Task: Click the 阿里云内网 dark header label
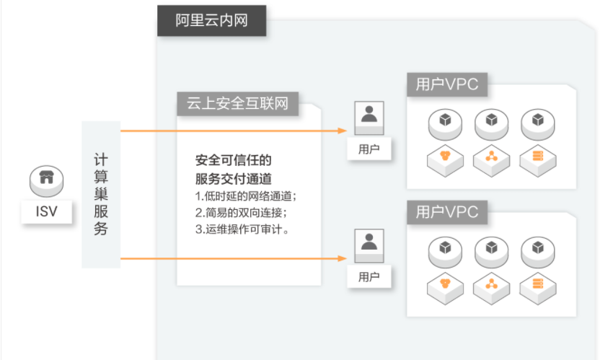click(211, 21)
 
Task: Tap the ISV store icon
click(47, 180)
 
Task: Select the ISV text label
click(47, 211)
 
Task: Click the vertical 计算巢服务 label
click(101, 194)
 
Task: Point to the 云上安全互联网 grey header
click(238, 104)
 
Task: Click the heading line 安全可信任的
click(234, 160)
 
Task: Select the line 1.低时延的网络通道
click(246, 196)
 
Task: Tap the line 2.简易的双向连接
click(241, 213)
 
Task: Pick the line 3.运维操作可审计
click(242, 229)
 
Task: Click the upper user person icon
click(369, 118)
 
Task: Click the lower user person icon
click(369, 246)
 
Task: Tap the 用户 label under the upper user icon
click(369, 149)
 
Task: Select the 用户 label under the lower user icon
click(369, 277)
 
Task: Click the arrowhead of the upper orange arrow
click(343, 131)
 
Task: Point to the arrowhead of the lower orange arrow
click(343, 258)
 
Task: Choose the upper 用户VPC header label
click(447, 84)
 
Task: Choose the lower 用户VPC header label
click(447, 212)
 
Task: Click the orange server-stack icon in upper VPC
click(538, 156)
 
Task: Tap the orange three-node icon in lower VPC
click(491, 284)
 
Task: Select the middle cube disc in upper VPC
click(491, 124)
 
